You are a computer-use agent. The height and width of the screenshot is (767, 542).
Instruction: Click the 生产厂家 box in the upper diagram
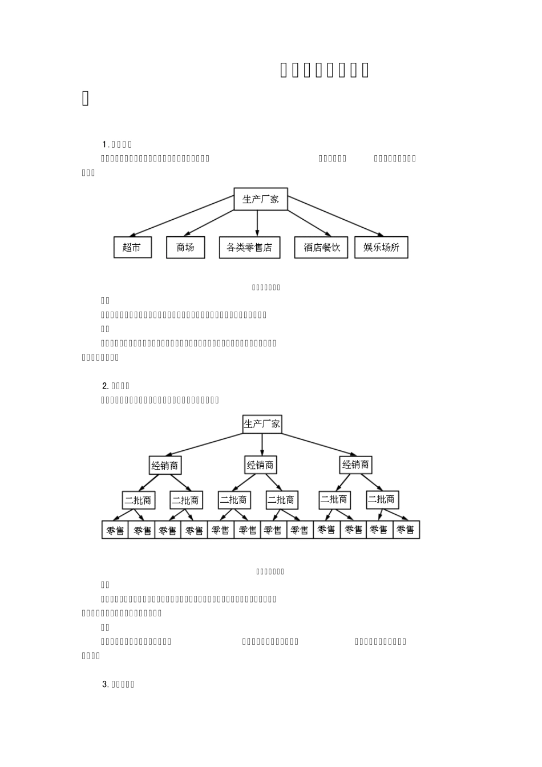click(261, 199)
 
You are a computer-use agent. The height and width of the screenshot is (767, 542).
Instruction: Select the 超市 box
click(132, 247)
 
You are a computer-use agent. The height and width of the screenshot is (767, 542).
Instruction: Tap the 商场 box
click(185, 247)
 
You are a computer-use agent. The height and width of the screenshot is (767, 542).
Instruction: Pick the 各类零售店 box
click(249, 248)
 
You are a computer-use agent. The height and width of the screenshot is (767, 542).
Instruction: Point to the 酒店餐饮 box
click(321, 247)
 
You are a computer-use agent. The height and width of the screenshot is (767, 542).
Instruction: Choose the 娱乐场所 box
click(381, 247)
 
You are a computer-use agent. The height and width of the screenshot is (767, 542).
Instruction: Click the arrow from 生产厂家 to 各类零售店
click(257, 223)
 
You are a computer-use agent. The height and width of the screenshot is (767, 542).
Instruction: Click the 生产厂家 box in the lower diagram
click(262, 424)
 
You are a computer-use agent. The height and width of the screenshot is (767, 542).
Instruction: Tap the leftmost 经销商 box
click(164, 466)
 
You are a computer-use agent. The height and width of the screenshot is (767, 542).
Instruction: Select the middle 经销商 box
click(260, 465)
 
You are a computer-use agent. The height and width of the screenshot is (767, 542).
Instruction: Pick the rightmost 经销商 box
click(355, 465)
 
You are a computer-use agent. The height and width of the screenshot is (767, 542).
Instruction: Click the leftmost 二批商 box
click(138, 500)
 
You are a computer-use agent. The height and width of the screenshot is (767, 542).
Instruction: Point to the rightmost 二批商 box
click(381, 499)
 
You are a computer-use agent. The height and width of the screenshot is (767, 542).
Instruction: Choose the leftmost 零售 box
click(115, 530)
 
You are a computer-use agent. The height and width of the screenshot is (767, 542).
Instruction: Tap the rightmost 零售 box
click(406, 530)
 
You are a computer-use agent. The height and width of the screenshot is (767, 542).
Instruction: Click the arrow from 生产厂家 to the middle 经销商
click(262, 445)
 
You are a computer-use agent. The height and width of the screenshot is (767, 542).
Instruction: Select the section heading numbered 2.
click(116, 386)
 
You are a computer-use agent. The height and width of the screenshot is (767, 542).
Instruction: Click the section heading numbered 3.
click(118, 684)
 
